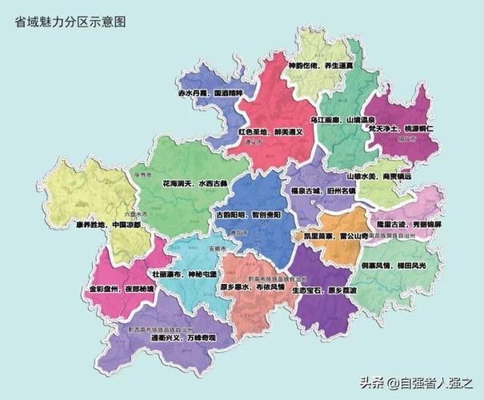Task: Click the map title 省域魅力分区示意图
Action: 70,22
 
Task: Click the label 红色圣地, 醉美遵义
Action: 270,131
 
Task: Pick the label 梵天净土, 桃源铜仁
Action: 400,128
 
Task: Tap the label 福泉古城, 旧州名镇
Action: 316,192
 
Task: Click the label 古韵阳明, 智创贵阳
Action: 248,214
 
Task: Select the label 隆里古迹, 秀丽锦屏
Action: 409,225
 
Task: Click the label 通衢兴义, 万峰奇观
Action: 182,338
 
